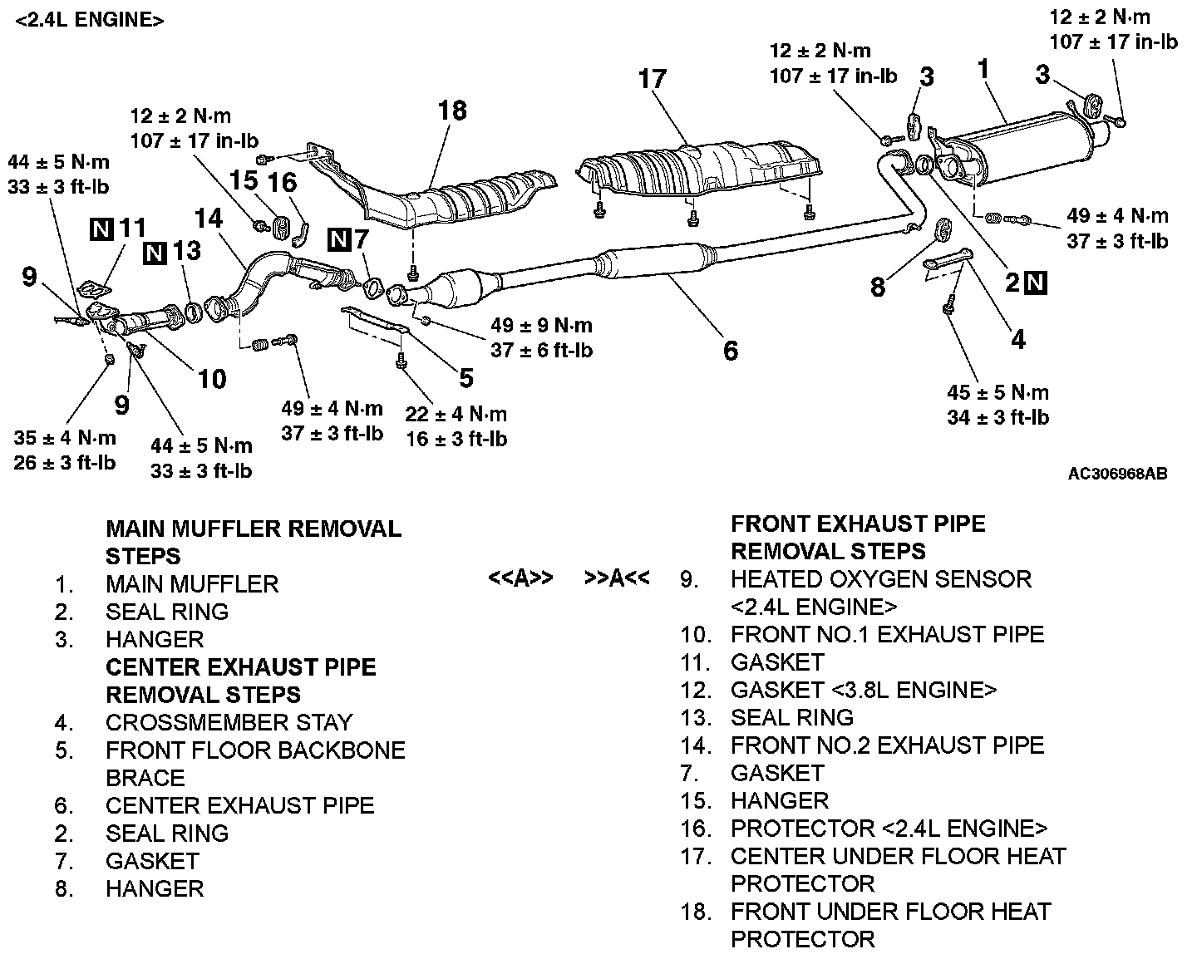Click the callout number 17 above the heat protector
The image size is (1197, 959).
tap(653, 79)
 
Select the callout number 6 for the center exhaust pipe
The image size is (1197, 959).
tap(730, 351)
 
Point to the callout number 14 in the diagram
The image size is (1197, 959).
tap(208, 219)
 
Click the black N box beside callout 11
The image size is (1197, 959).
tap(101, 228)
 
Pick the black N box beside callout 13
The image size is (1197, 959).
tap(155, 251)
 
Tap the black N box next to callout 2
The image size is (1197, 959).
tap(1036, 283)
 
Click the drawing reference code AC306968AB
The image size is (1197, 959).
tap(1117, 474)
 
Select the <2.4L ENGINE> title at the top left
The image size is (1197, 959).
tap(89, 20)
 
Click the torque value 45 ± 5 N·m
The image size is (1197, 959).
tap(997, 392)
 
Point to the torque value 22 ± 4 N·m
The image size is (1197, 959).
tap(456, 414)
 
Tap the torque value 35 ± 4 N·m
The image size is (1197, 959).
tap(65, 437)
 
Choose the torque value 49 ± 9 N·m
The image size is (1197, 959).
tap(541, 326)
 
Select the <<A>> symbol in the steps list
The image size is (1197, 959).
tap(520, 578)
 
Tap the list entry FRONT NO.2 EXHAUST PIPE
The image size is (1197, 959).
tap(887, 745)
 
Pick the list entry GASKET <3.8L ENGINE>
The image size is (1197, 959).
tap(863, 690)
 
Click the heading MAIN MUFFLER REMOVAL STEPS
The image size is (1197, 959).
tap(254, 542)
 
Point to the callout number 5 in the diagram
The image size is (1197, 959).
tap(465, 378)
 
